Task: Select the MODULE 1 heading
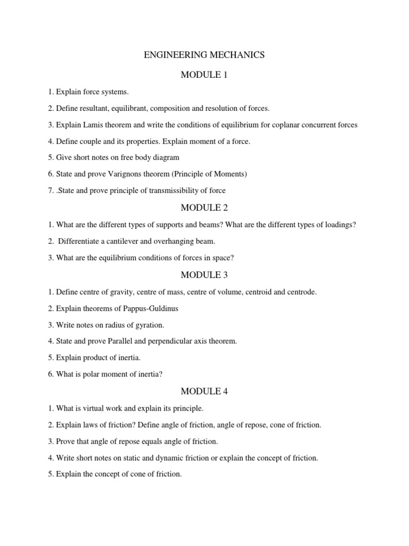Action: [x=204, y=75]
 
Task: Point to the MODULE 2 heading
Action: [x=204, y=207]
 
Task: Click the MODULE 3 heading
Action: [x=204, y=275]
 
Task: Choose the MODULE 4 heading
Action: [x=204, y=391]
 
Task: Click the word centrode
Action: [x=301, y=292]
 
